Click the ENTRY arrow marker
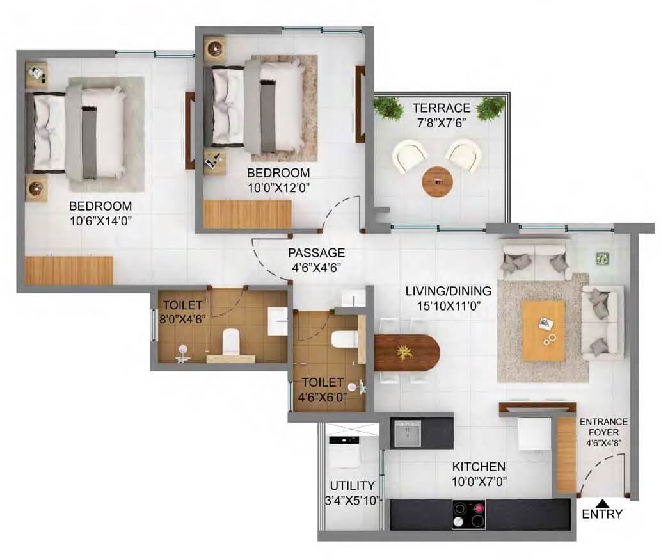pyautogui.click(x=601, y=503)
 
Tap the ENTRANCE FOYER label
pyautogui.click(x=603, y=422)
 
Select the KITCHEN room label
pyautogui.click(x=479, y=466)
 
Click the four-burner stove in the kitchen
pyautogui.click(x=468, y=514)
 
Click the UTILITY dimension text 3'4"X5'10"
pyautogui.click(x=352, y=501)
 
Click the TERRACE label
pyautogui.click(x=441, y=108)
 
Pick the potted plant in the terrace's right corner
pyautogui.click(x=490, y=108)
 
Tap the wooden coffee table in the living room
pyautogui.click(x=543, y=330)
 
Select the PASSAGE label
pyautogui.click(x=315, y=252)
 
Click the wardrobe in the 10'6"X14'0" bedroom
pyautogui.click(x=69, y=270)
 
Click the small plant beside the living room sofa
pyautogui.click(x=602, y=257)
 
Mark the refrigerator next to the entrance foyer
pyautogui.click(x=534, y=433)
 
